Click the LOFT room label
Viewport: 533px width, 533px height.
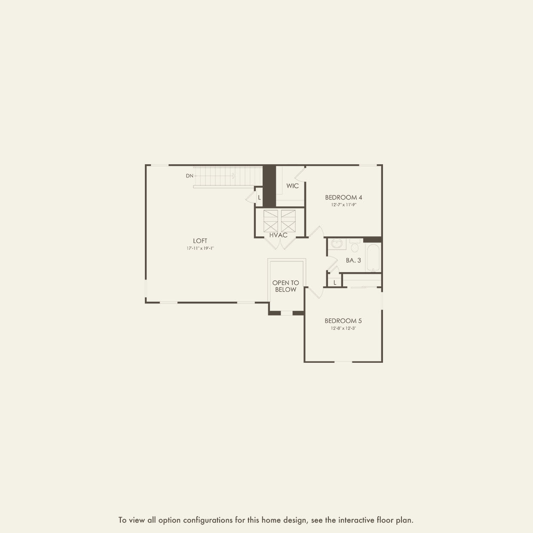200,241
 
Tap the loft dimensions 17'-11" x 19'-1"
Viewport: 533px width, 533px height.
200,248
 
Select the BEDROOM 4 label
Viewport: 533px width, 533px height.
343,197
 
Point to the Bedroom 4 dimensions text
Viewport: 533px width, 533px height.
343,205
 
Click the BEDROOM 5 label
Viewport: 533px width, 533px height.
343,321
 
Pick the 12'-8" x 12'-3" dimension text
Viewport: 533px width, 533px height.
343,328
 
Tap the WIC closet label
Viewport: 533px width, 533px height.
292,186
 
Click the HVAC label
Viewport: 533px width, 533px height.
279,235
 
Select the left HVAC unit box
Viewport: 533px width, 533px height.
271,221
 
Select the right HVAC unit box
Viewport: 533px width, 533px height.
288,221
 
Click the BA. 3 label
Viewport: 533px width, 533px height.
353,260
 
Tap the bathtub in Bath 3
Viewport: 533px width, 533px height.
373,258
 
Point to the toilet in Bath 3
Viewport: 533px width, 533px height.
355,246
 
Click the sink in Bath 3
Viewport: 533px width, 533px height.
337,244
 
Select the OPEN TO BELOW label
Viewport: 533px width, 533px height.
286,286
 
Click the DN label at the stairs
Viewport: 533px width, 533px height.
190,175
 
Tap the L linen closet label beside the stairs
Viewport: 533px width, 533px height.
259,198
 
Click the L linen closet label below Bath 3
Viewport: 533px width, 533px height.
334,282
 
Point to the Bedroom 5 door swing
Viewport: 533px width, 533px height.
315,292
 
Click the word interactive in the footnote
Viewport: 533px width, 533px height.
356,520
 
